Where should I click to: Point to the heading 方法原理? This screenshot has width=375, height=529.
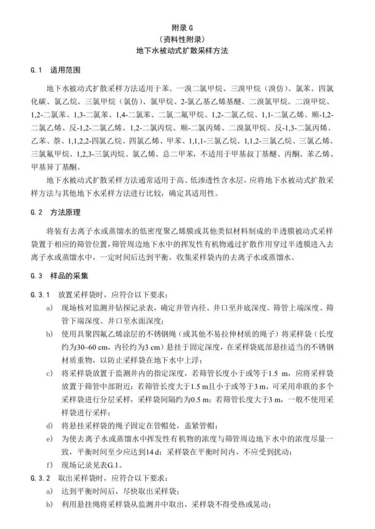point(65,212)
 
